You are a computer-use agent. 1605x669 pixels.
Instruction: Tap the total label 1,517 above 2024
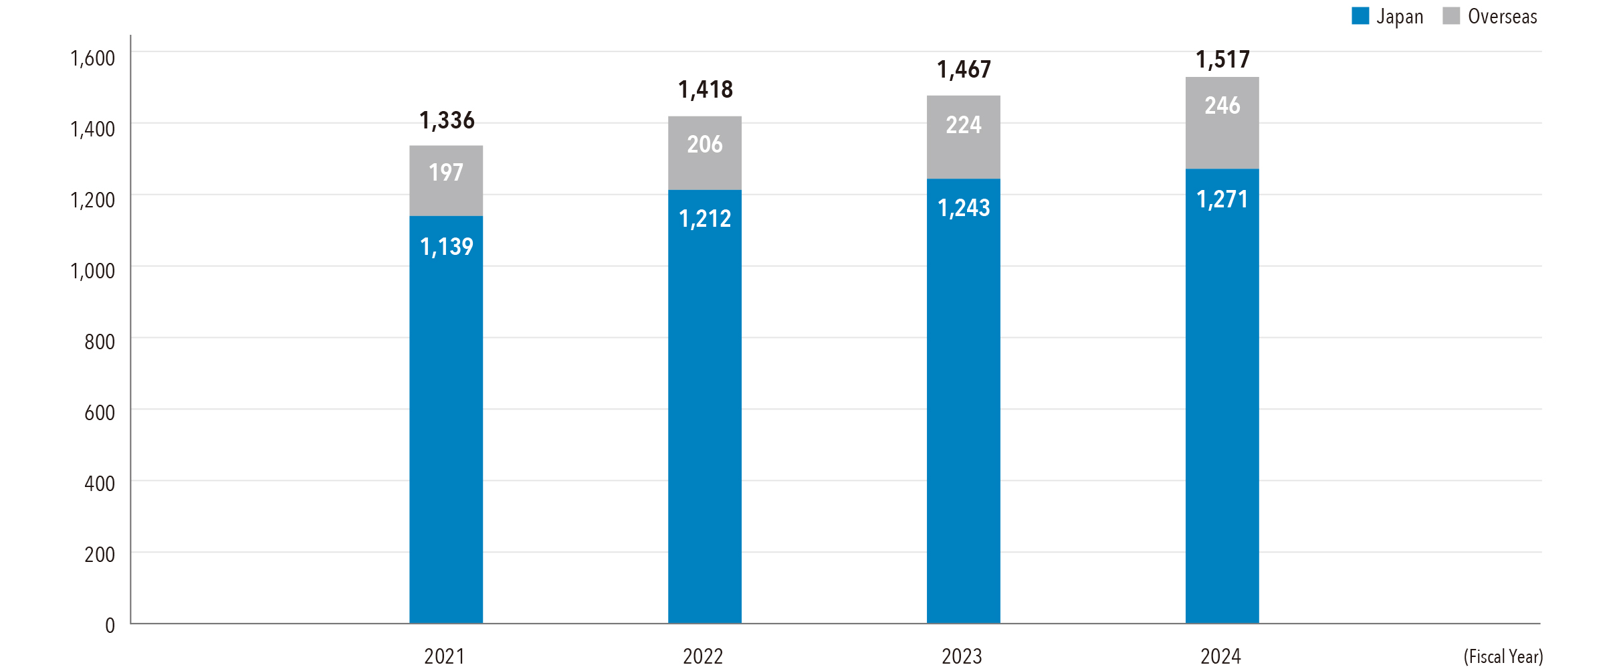point(1222,60)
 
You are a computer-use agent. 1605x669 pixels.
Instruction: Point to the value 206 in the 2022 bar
point(705,145)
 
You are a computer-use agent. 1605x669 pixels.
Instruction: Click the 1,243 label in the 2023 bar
point(964,208)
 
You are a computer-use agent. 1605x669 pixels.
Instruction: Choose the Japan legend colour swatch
point(1360,16)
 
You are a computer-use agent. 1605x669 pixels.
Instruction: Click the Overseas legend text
point(1502,16)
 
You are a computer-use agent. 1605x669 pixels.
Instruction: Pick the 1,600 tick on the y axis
point(93,58)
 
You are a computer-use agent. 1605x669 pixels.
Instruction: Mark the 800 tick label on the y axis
point(100,342)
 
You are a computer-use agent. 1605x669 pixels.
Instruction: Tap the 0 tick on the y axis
point(110,626)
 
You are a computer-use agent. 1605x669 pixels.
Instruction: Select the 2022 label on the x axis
point(703,656)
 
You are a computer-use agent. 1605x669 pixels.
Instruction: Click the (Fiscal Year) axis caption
point(1503,656)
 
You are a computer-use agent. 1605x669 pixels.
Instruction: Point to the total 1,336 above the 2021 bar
point(447,120)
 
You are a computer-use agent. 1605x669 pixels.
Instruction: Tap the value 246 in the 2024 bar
point(1222,106)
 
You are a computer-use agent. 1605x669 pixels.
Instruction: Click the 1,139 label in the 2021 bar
point(447,247)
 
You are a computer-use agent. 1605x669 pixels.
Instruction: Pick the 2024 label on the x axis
point(1220,656)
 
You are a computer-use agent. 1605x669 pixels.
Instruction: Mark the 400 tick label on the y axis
point(100,484)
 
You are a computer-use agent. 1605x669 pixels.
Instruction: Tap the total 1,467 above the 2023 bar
point(964,70)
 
